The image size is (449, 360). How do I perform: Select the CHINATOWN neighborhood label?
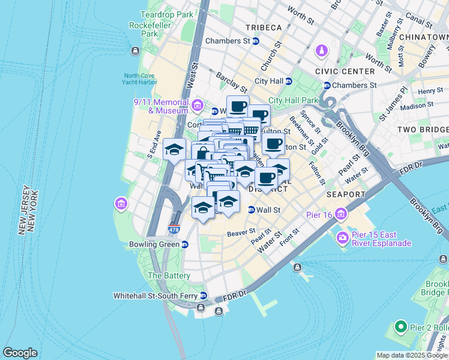coord(426,37)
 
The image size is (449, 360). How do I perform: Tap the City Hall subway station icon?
coord(288,81)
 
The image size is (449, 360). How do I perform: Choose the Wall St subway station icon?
coord(252,210)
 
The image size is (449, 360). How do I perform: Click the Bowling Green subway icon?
coord(185,244)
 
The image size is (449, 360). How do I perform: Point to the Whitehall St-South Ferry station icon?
coord(203,296)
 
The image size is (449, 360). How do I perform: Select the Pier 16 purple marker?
coord(341,214)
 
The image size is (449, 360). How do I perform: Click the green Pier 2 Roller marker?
coord(401,327)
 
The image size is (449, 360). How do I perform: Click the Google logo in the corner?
coord(20,353)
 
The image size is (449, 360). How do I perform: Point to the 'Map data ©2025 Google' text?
coord(411,355)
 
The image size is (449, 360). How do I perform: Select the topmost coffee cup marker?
coord(238,107)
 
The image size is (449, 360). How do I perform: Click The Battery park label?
coord(169,275)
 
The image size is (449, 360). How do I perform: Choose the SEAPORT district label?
coord(346,194)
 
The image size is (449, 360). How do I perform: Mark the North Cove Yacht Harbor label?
coord(139,79)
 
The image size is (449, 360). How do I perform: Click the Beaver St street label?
coord(241,230)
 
